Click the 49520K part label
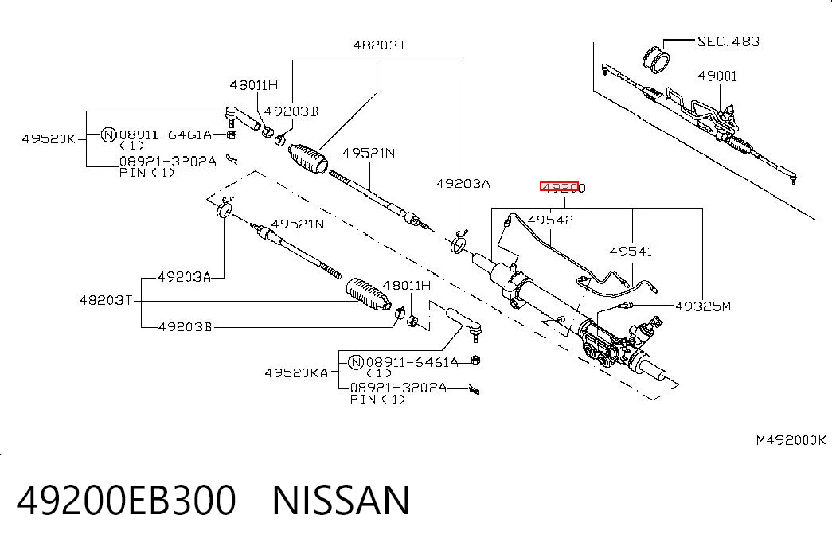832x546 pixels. click(49, 139)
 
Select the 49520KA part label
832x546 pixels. click(297, 373)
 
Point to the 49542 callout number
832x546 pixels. click(550, 220)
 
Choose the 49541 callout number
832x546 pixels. click(631, 251)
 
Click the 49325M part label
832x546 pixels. click(703, 306)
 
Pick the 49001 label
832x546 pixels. click(717, 76)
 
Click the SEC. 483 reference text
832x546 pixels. click(728, 41)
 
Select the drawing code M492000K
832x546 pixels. click(791, 440)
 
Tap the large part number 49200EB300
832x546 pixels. click(127, 499)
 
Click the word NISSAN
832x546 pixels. click(342, 499)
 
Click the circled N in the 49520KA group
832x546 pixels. click(356, 362)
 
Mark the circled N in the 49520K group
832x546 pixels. click(108, 135)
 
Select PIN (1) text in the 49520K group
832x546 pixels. click(147, 173)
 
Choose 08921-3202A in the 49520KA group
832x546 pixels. click(399, 388)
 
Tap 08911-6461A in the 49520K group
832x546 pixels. click(166, 135)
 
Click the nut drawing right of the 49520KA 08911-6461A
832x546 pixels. click(476, 361)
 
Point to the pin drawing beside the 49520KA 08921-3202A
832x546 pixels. click(475, 390)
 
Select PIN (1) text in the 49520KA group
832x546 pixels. click(378, 399)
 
